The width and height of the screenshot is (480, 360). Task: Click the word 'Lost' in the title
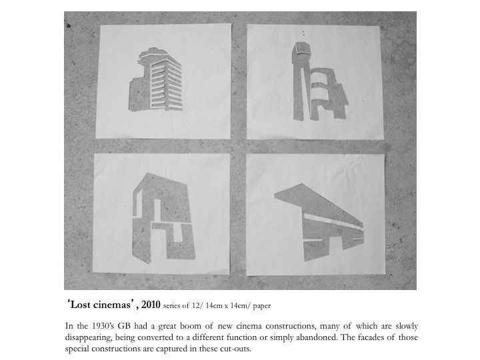click(80, 305)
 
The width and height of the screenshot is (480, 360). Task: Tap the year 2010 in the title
click(151, 305)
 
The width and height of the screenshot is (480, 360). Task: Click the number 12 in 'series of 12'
click(196, 306)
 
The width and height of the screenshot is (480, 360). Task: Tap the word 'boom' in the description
click(190, 326)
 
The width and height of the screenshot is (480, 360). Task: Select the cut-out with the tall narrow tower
click(319, 82)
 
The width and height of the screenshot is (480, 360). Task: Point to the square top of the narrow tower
click(301, 49)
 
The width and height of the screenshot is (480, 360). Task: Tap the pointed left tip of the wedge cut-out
click(275, 194)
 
